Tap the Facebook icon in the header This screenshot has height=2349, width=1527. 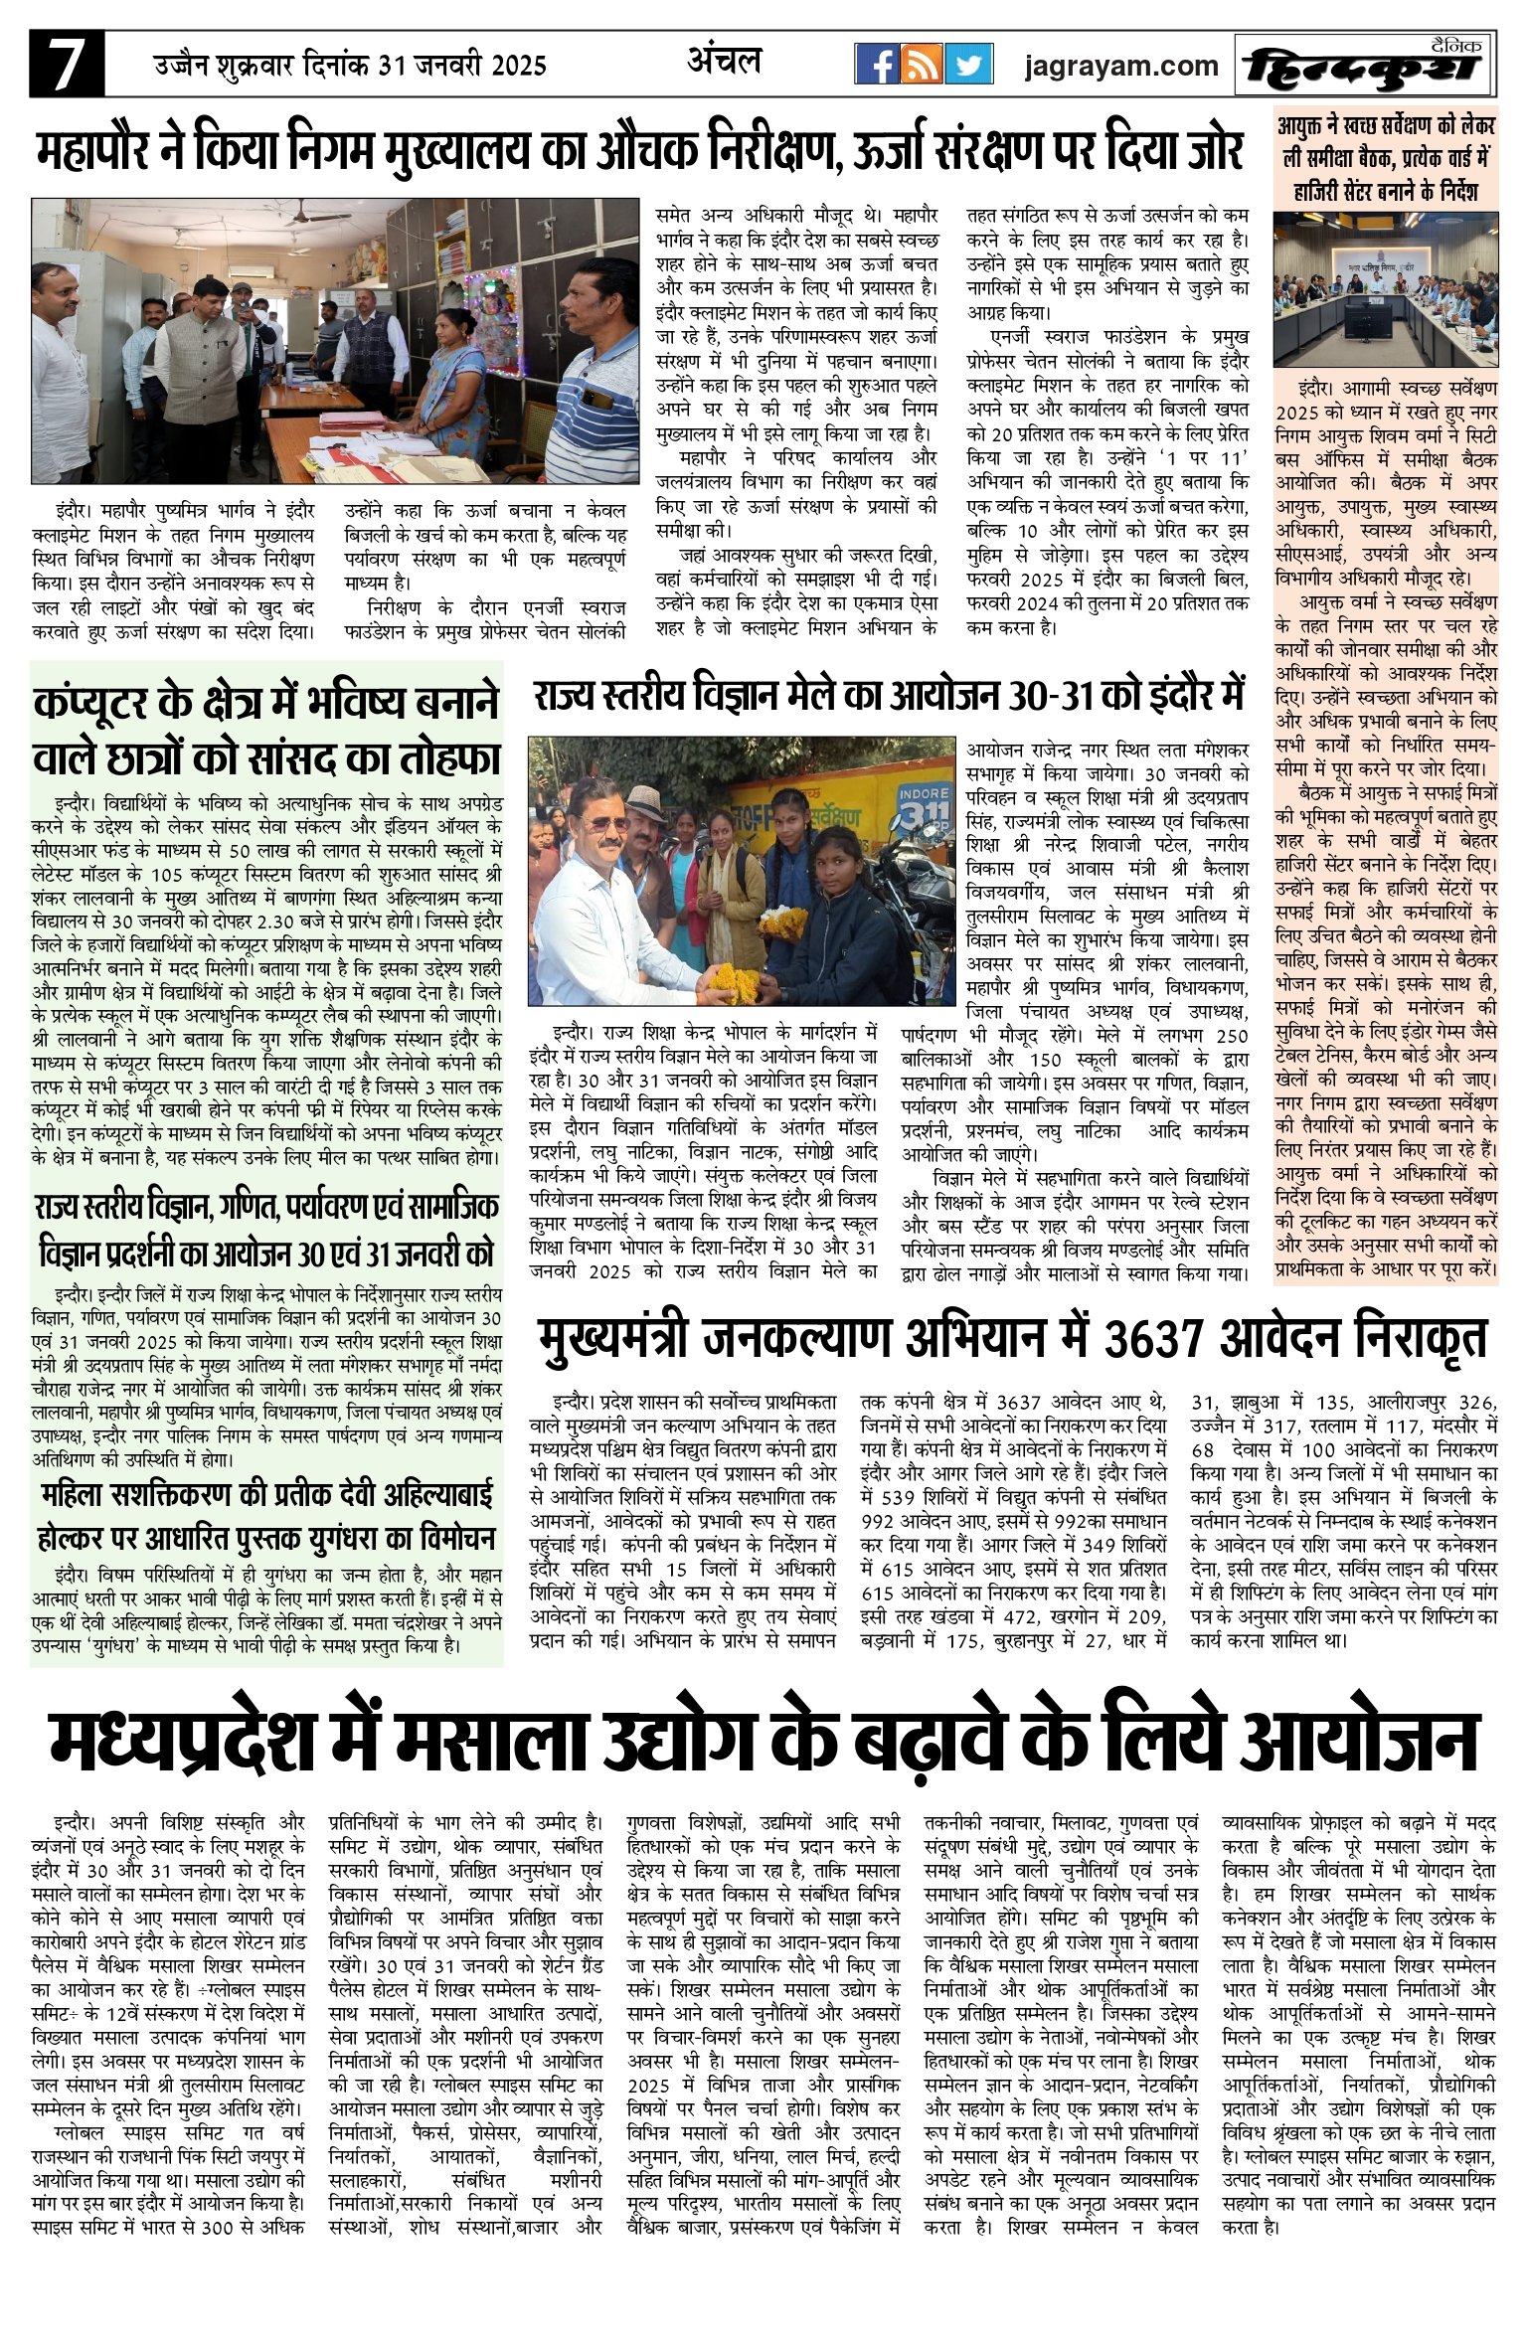click(x=878, y=65)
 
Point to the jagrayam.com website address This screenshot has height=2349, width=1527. click(x=1120, y=66)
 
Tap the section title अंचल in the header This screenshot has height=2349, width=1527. click(x=725, y=62)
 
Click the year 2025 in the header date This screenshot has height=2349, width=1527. click(x=514, y=66)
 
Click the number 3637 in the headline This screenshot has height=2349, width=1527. click(x=1158, y=1338)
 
